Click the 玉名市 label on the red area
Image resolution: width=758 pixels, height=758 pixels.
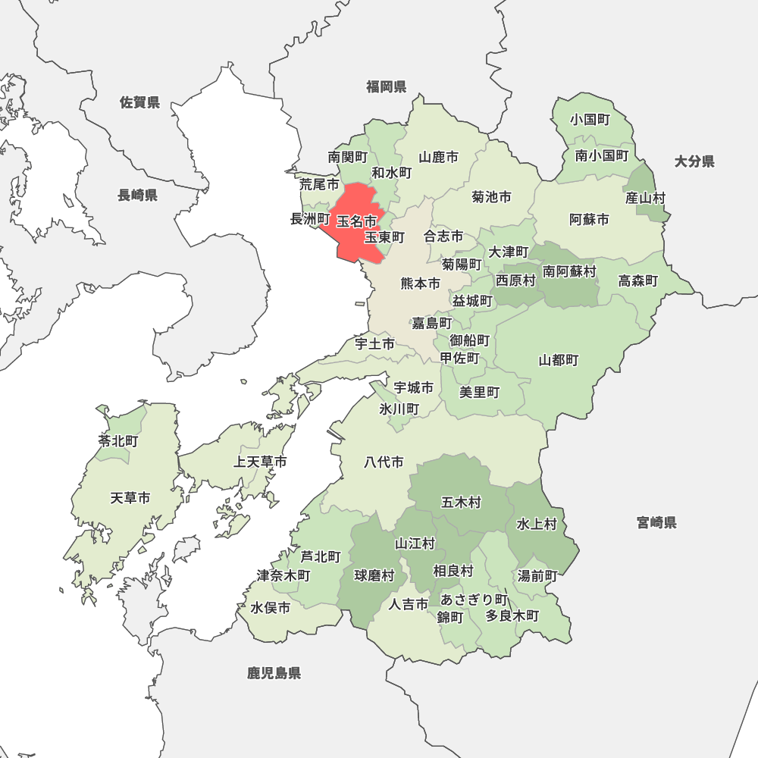[356, 221]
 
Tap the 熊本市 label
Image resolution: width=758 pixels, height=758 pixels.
[420, 283]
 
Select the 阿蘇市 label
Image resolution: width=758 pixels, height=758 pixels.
[589, 220]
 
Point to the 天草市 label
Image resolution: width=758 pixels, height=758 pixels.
[130, 498]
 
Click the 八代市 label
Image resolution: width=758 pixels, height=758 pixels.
[384, 462]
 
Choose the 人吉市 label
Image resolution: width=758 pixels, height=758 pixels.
[409, 604]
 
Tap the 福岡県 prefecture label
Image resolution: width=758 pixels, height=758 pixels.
[387, 86]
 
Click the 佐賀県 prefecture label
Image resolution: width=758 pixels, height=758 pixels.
[140, 102]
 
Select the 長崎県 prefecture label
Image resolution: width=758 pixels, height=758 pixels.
[137, 196]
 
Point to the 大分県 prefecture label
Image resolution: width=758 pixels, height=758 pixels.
[694, 161]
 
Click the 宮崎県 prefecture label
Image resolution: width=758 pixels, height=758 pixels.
[656, 522]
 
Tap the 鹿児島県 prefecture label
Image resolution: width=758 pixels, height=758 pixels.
[274, 672]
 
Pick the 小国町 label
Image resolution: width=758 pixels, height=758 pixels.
[591, 120]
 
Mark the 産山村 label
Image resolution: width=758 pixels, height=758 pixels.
[646, 198]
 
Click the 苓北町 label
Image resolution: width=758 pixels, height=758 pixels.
[117, 440]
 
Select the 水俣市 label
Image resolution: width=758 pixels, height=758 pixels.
[271, 608]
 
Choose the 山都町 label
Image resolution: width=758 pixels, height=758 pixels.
[559, 360]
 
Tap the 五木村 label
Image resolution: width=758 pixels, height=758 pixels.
[461, 503]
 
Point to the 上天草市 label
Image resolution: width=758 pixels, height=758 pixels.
[260, 462]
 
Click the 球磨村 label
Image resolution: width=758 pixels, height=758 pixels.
[374, 576]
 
